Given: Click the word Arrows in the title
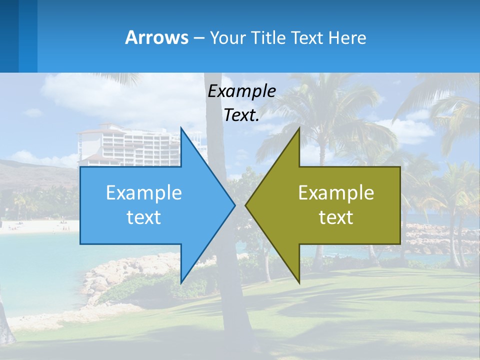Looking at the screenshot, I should (156, 37).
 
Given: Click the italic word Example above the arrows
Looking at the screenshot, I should (241, 91).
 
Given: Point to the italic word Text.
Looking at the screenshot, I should (241, 115).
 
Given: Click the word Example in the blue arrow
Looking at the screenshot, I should (143, 193).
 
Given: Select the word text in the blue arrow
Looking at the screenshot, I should (143, 217).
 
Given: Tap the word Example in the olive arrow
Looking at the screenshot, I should (336, 193).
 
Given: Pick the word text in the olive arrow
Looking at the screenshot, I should (336, 217).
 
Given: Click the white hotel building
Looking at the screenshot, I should (130, 145).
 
